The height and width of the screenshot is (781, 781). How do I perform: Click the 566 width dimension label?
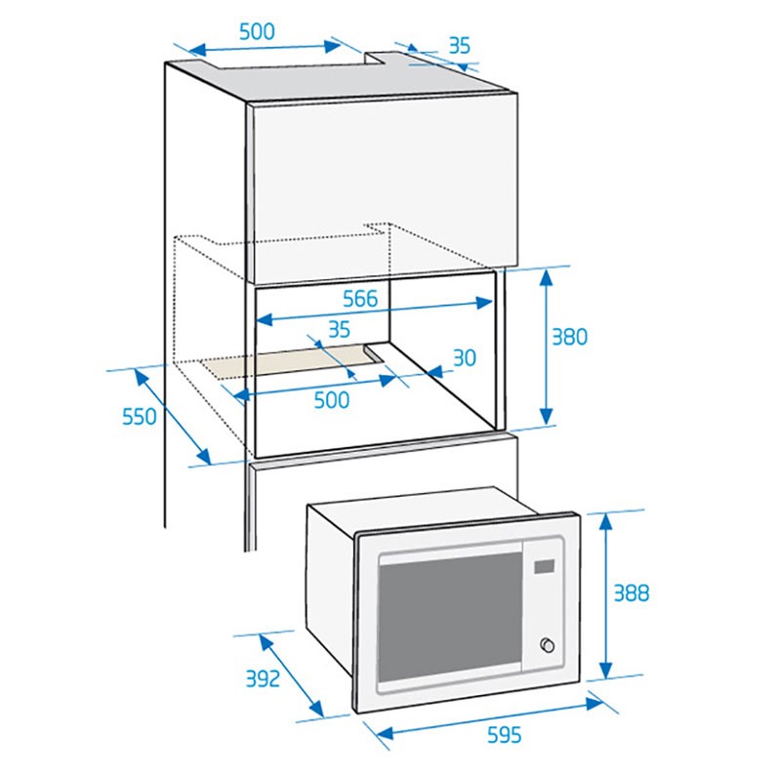360,299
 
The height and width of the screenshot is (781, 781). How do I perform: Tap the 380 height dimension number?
570,337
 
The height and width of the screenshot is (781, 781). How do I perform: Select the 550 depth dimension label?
140,417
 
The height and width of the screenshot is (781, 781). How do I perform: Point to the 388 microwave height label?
631,594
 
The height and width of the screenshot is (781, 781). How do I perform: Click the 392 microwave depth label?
263,678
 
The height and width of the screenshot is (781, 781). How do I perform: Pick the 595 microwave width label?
504,735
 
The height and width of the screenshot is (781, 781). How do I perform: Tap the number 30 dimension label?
465,357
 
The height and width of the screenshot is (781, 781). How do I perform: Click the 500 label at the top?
257,32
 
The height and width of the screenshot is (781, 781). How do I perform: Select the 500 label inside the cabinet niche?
332,400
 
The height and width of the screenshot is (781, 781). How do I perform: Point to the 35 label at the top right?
459,46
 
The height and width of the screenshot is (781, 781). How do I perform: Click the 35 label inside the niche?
339,329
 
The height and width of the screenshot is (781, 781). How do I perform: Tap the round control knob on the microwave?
548,645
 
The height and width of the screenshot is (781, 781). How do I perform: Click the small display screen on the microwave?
545,566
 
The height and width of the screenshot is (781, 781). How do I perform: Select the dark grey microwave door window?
450,617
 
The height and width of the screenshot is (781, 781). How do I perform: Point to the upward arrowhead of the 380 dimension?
547,277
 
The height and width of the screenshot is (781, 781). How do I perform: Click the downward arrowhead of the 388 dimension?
605,669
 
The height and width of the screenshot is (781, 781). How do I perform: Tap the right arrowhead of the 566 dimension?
484,303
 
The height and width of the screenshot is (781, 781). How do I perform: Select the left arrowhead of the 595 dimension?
385,733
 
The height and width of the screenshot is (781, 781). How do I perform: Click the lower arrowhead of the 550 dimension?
205,457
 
